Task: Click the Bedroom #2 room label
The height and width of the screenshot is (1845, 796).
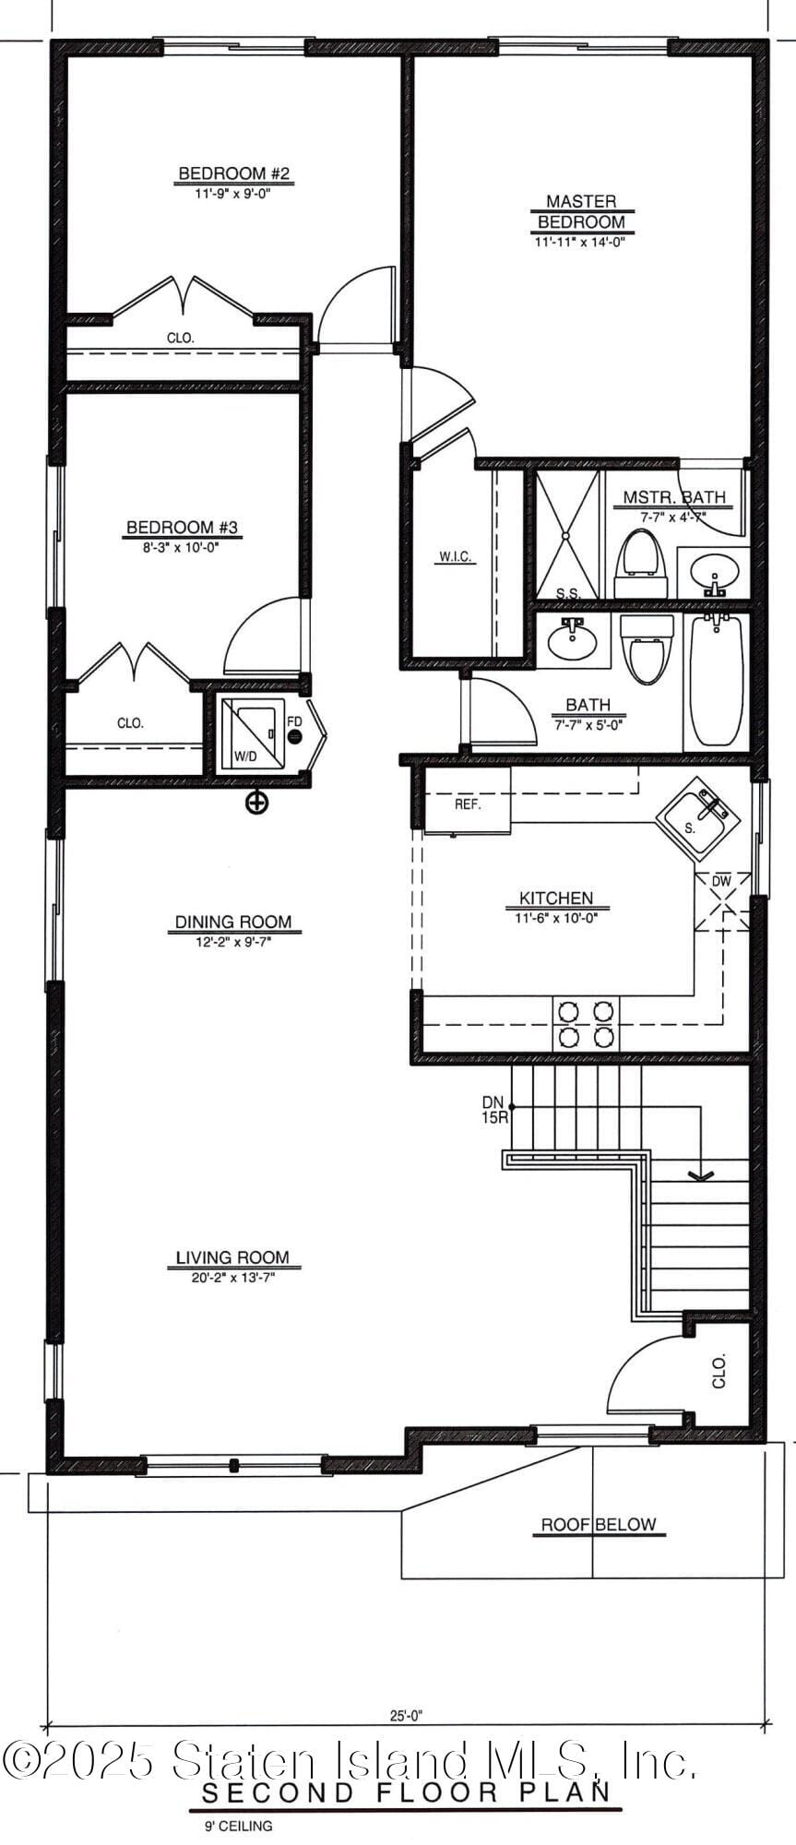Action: click(x=234, y=173)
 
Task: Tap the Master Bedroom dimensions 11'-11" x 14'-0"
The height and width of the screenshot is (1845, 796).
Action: click(x=580, y=243)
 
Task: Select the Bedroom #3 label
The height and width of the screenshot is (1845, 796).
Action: click(x=183, y=528)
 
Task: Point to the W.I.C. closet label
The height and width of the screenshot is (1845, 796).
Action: click(x=455, y=556)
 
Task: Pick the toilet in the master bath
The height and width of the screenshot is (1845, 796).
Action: click(x=641, y=563)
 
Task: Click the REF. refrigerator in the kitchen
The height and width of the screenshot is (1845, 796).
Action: click(x=468, y=803)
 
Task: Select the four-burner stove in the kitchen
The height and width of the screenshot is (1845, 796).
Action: click(x=586, y=1023)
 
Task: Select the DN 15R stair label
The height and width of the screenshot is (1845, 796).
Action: click(x=493, y=1110)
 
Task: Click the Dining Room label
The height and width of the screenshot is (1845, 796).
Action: click(x=233, y=922)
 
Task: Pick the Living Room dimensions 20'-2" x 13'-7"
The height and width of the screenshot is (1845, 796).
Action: click(x=234, y=1276)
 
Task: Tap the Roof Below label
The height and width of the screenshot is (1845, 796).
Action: click(x=598, y=1524)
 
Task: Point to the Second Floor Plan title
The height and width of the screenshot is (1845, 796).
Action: click(x=406, y=1792)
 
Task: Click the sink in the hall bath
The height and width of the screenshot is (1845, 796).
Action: click(x=573, y=638)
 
